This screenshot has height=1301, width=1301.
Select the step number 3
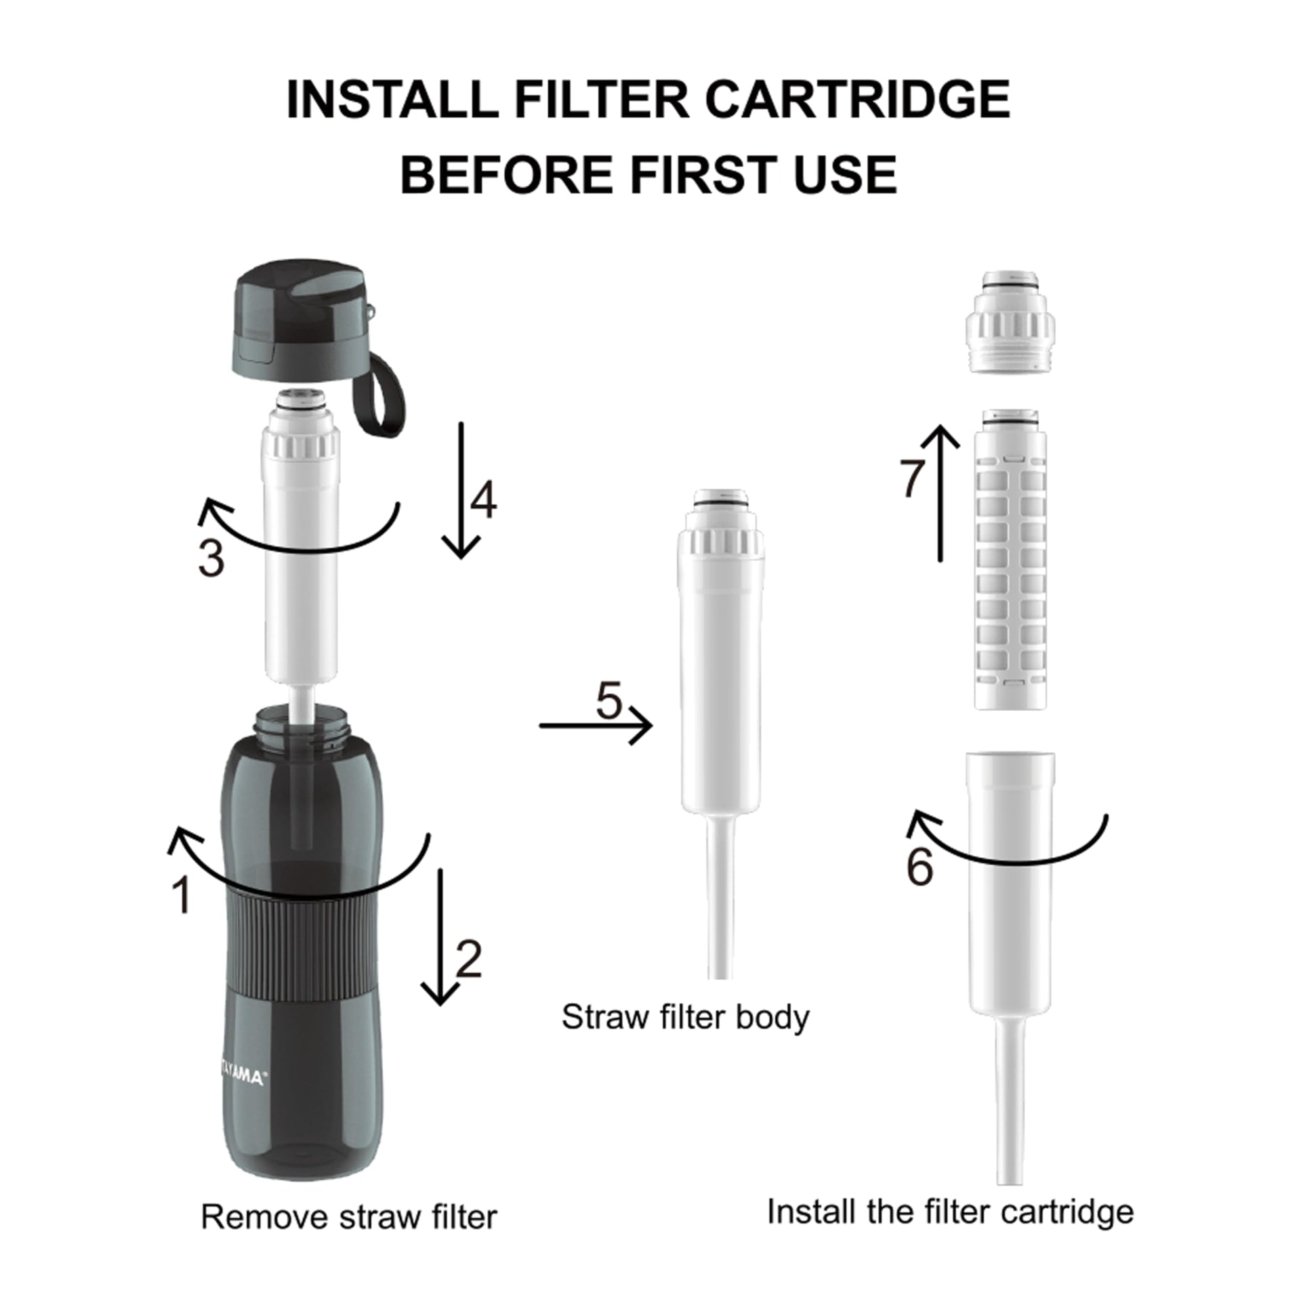[x=211, y=560]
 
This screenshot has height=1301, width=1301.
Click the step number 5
[x=608, y=701]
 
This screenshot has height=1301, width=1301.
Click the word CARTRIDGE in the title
[x=857, y=100]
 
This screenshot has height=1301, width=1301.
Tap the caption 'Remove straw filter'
[x=349, y=1217]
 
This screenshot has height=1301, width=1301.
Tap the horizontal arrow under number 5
[x=596, y=725]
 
